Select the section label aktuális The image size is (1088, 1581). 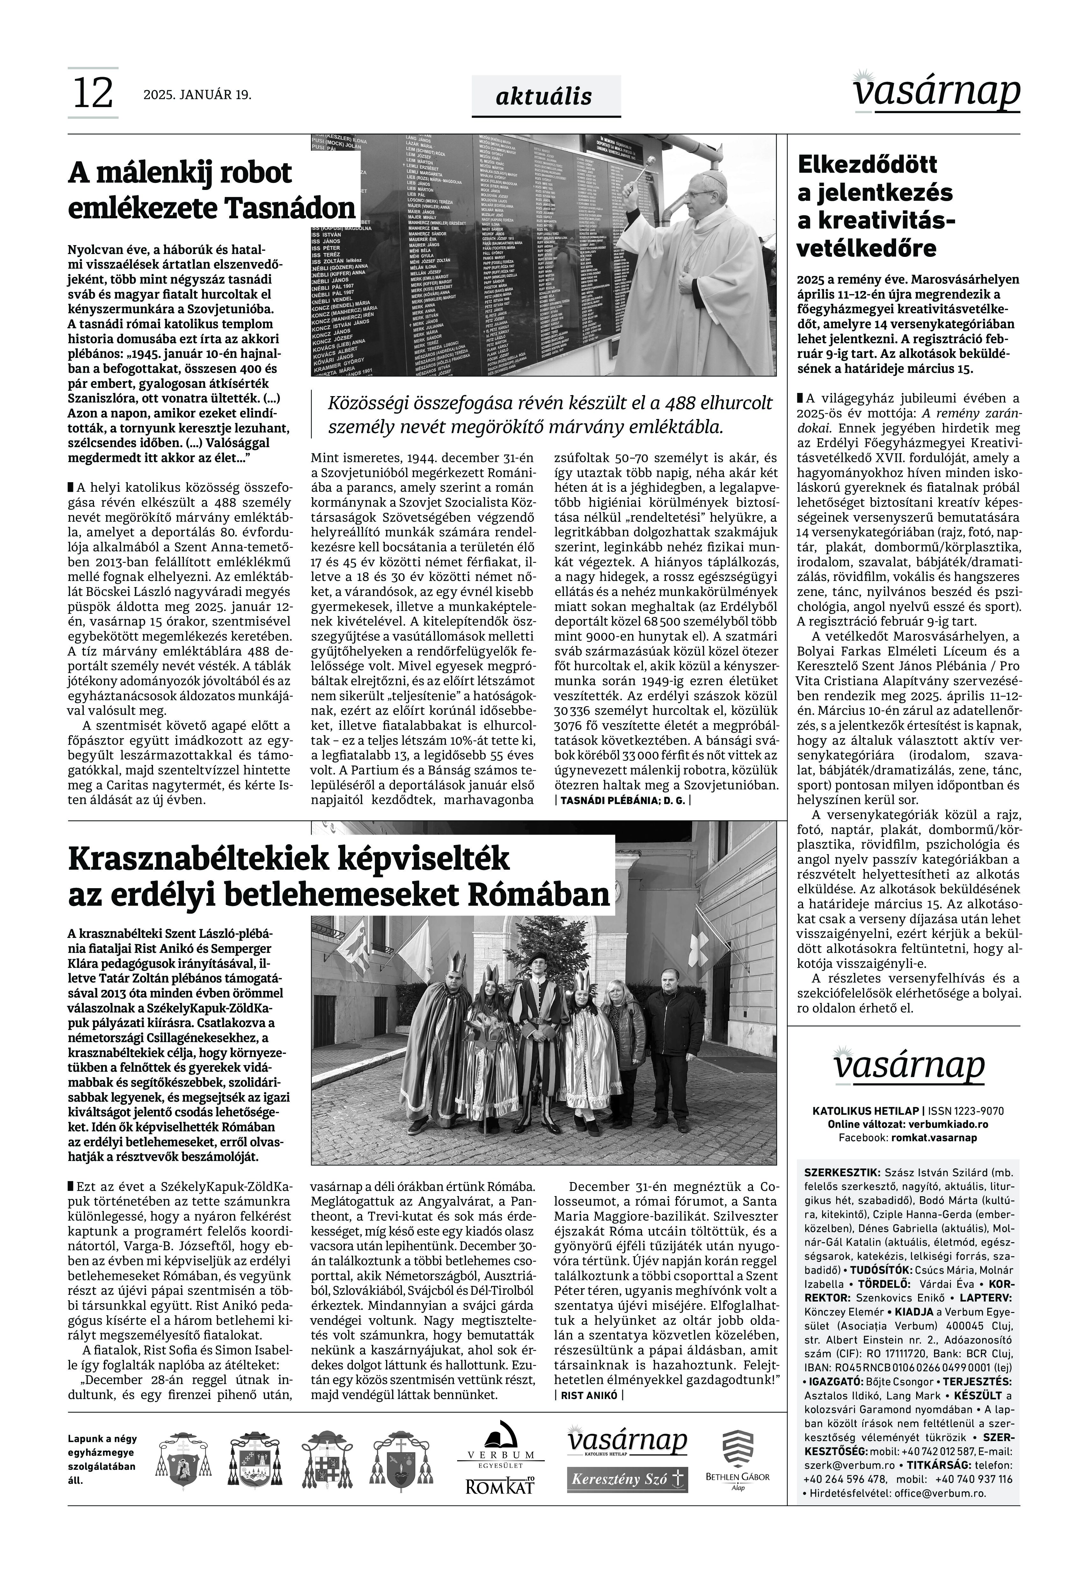click(x=544, y=97)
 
